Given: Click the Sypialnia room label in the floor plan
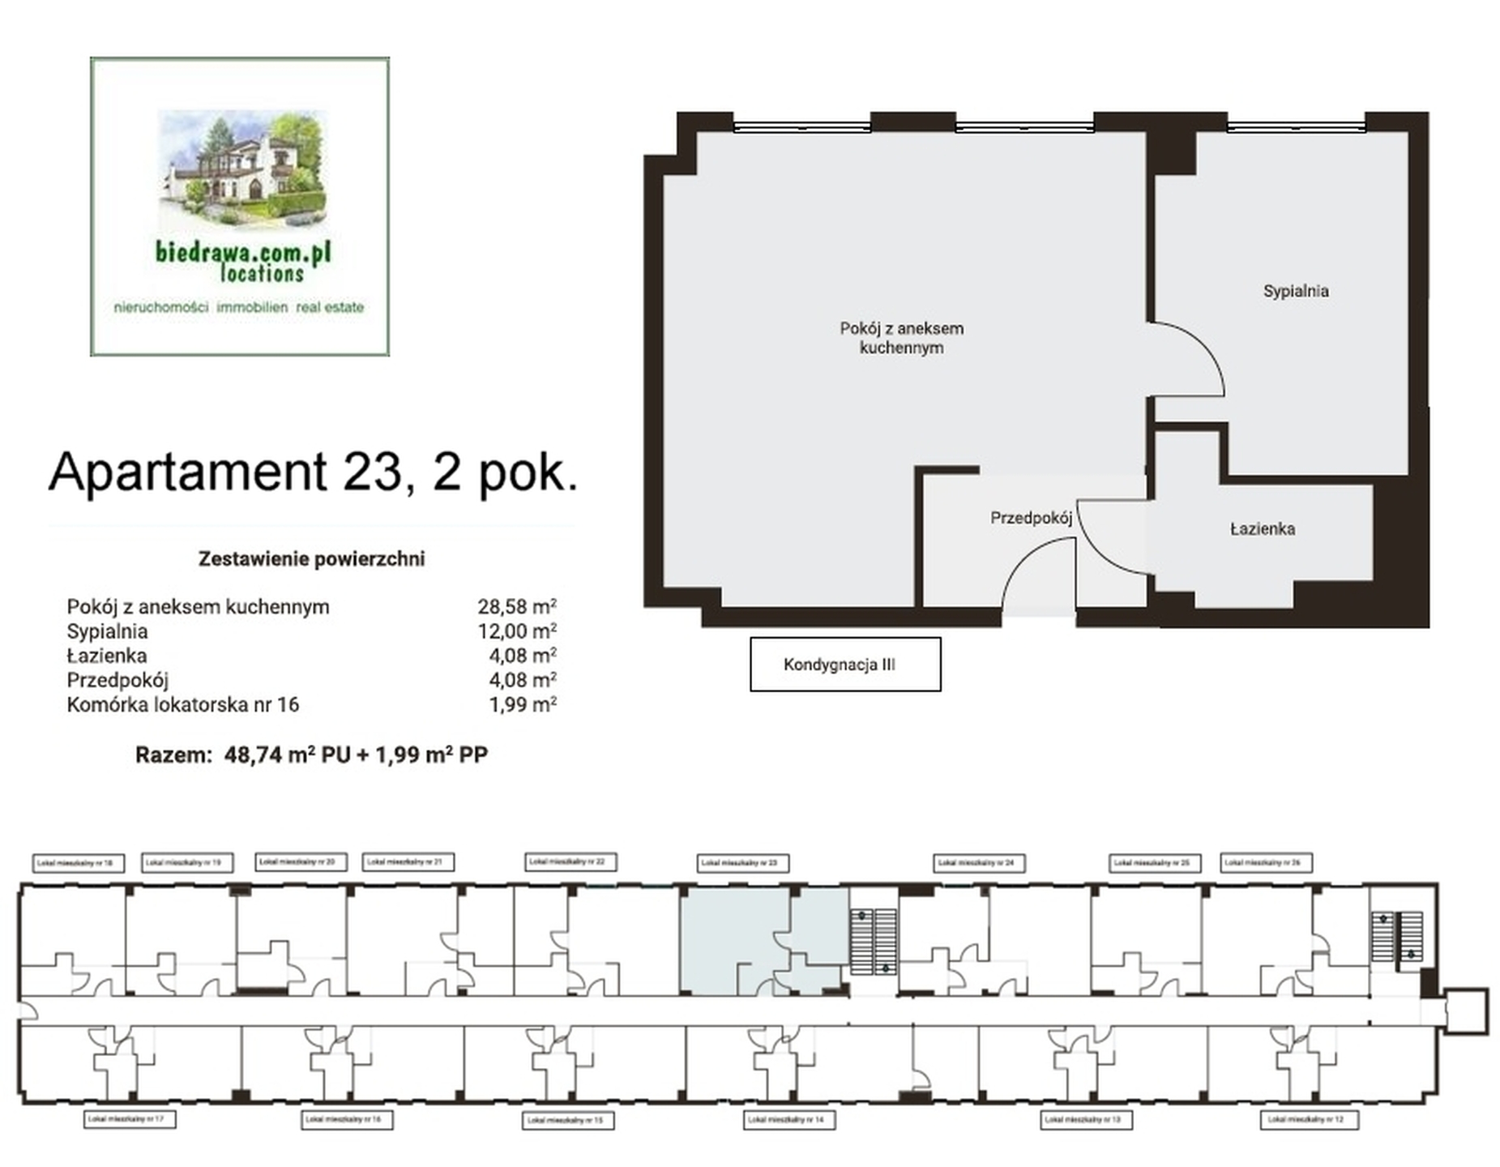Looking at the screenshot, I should tap(1295, 291).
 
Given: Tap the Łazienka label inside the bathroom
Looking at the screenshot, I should tap(1262, 529).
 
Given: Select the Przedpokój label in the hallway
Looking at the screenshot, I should tap(1031, 518).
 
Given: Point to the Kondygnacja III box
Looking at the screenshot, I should tap(844, 665).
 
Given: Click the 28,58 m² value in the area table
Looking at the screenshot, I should tap(516, 606).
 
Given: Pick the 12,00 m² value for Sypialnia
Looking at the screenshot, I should tap(516, 631).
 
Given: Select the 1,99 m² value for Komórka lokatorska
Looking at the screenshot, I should tap(522, 704).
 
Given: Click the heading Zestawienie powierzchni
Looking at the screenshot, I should tap(311, 558).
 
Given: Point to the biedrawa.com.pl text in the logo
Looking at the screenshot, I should tap(243, 252).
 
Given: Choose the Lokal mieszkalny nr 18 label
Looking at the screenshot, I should tap(79, 863).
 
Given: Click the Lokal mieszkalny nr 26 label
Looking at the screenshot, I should tap(1266, 863).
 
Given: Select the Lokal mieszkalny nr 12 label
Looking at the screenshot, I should tap(1308, 1120).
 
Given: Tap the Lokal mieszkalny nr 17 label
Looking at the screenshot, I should tap(130, 1119).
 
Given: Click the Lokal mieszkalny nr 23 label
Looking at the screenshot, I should tap(742, 864).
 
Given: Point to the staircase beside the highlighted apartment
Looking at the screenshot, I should tap(874, 941).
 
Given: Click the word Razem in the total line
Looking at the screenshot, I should tap(173, 755).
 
